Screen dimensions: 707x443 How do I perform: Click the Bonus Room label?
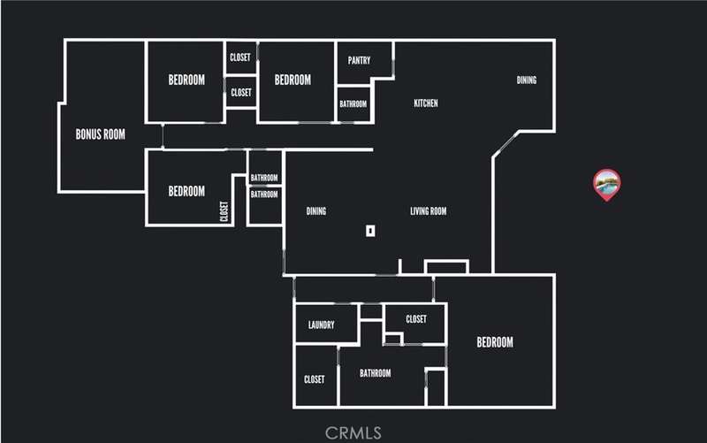point(100,134)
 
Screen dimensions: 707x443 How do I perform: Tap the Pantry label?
point(359,60)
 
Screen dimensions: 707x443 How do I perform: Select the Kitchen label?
point(426,103)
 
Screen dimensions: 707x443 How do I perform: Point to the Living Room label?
point(429,211)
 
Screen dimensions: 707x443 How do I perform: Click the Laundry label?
point(322,325)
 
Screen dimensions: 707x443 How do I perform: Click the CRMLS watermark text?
point(353,433)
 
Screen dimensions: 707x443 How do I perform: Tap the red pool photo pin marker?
point(607,185)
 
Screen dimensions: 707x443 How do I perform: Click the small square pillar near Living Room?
point(370,231)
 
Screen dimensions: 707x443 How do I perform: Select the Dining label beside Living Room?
point(316,211)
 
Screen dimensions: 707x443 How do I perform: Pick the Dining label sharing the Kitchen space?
point(527,80)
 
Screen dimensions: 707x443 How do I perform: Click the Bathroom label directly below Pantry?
point(353,104)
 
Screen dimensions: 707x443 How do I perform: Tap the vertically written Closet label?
point(224,211)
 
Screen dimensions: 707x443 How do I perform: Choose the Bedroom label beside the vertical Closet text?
point(186,191)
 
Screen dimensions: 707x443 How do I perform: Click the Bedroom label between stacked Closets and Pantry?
point(293,80)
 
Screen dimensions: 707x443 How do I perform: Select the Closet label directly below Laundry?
point(315,379)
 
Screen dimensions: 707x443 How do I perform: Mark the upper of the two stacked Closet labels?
point(239,57)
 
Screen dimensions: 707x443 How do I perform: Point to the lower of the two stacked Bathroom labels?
point(264,195)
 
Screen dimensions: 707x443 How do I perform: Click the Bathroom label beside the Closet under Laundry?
point(375,373)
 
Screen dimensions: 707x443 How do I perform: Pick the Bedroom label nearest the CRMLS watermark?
point(495,342)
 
